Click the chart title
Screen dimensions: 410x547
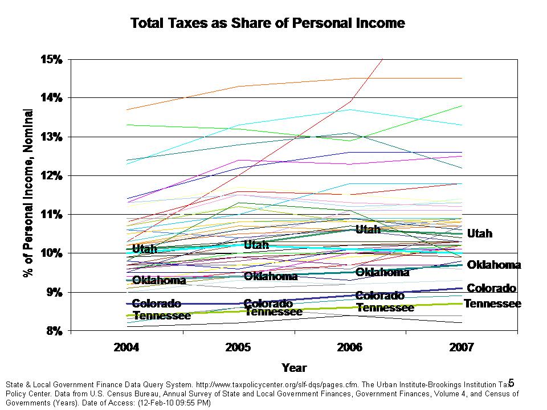coord(267,23)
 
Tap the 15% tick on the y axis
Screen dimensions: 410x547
coord(52,59)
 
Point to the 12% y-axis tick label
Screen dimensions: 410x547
coord(52,175)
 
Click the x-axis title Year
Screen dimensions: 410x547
coord(294,368)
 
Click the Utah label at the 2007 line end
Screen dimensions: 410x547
coord(480,233)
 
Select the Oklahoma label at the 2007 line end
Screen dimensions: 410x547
coord(493,265)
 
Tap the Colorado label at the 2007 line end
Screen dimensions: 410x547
coord(491,289)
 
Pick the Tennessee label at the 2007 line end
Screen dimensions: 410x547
coord(492,304)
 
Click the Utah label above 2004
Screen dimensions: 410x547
coord(144,249)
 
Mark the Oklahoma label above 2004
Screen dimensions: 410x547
coord(159,280)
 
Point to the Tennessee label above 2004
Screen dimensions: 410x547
coord(162,315)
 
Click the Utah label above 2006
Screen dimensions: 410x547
coord(368,229)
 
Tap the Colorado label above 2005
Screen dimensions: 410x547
coord(268,304)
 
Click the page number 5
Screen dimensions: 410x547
coord(511,383)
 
